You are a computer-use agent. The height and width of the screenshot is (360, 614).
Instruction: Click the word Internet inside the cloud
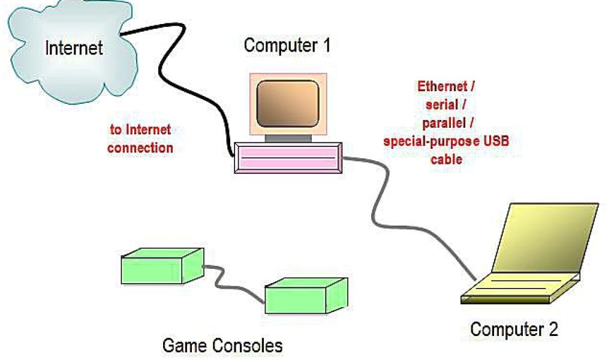(x=74, y=47)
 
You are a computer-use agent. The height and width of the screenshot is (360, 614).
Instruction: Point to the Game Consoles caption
(x=222, y=346)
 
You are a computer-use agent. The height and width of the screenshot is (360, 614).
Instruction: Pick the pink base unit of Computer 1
(x=287, y=157)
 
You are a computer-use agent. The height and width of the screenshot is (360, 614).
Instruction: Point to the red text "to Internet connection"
(x=140, y=138)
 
